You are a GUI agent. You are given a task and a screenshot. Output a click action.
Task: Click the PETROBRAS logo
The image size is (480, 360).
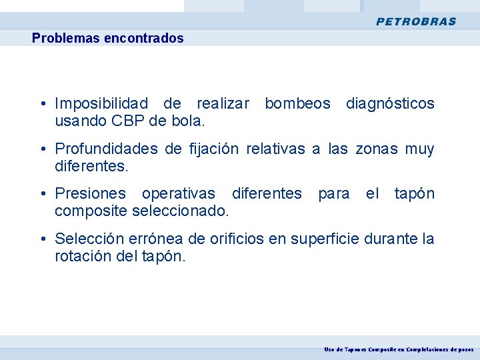[416, 21]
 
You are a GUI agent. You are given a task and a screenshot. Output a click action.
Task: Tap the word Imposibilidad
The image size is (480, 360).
[101, 103]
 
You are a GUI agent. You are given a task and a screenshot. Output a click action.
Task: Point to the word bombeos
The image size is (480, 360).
[297, 103]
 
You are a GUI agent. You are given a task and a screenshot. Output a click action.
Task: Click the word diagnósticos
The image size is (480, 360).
[390, 103]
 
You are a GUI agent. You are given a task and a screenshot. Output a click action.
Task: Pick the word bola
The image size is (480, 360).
[188, 121]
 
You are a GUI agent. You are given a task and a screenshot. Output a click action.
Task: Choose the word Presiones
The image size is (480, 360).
[90, 193]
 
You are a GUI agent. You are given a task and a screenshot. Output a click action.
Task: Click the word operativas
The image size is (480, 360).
[178, 193]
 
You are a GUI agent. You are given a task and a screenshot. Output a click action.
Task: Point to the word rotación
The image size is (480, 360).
[81, 257]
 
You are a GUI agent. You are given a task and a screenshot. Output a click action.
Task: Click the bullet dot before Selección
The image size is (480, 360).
[42, 239]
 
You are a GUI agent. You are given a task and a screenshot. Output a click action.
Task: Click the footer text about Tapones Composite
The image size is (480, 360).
[399, 349]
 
